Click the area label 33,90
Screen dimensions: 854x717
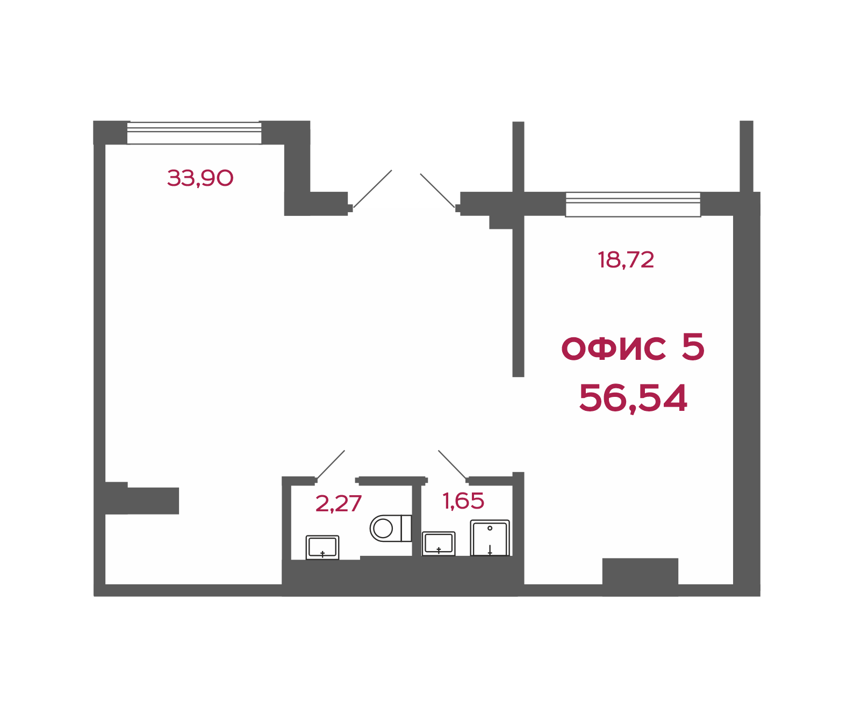(x=200, y=178)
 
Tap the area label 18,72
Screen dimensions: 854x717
(x=626, y=260)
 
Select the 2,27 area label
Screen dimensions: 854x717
(x=338, y=504)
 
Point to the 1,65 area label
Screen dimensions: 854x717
(x=463, y=501)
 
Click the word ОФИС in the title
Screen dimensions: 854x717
(x=613, y=347)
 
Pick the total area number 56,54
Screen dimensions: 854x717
(x=633, y=399)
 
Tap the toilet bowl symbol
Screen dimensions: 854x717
(x=391, y=528)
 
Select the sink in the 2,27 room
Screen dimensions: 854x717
(x=322, y=547)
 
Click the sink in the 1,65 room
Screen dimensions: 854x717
(x=439, y=544)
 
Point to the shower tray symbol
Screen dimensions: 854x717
(x=490, y=538)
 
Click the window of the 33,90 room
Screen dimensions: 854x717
(x=194, y=133)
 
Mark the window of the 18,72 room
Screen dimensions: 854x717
(x=633, y=205)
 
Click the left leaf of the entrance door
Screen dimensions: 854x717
(x=372, y=189)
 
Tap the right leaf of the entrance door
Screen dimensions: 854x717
(x=437, y=191)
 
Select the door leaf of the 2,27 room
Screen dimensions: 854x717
(x=331, y=465)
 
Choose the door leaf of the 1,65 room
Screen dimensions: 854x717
(x=453, y=465)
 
